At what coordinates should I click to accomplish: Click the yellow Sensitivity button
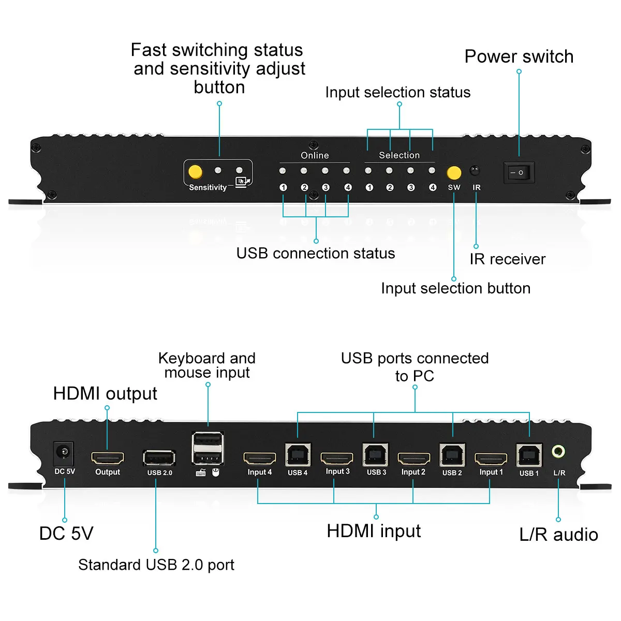(196, 171)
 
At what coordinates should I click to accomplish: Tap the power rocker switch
(519, 172)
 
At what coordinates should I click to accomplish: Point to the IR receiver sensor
(475, 171)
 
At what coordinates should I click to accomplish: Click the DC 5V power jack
(64, 453)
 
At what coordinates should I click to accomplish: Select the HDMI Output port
(108, 459)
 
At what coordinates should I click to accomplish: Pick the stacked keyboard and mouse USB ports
(208, 448)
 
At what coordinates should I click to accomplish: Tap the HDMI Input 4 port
(259, 459)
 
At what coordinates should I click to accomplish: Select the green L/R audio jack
(558, 452)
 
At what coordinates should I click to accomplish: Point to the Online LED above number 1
(283, 171)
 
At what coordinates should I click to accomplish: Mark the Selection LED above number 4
(432, 171)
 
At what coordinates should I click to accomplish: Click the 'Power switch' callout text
(519, 56)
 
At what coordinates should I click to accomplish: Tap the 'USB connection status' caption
(316, 254)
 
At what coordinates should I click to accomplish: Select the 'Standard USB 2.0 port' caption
(156, 565)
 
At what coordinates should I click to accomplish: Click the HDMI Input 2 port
(413, 459)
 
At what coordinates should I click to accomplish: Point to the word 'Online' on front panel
(315, 155)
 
